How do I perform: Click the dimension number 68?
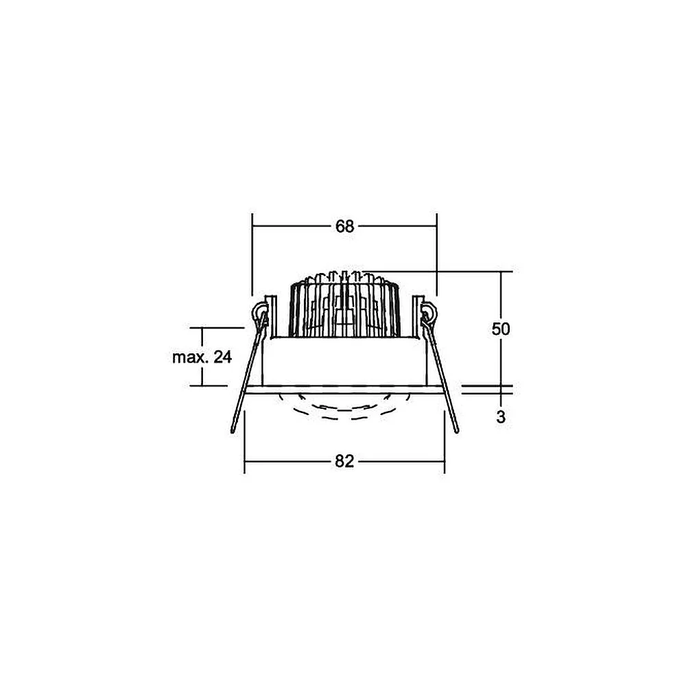[344, 226]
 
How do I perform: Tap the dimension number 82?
[344, 461]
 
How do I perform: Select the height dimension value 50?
[501, 329]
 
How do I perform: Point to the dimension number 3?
[501, 417]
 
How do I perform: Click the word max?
[190, 357]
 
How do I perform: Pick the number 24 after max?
[223, 357]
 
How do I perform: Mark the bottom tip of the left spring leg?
[233, 432]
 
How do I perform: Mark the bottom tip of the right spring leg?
[457, 431]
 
